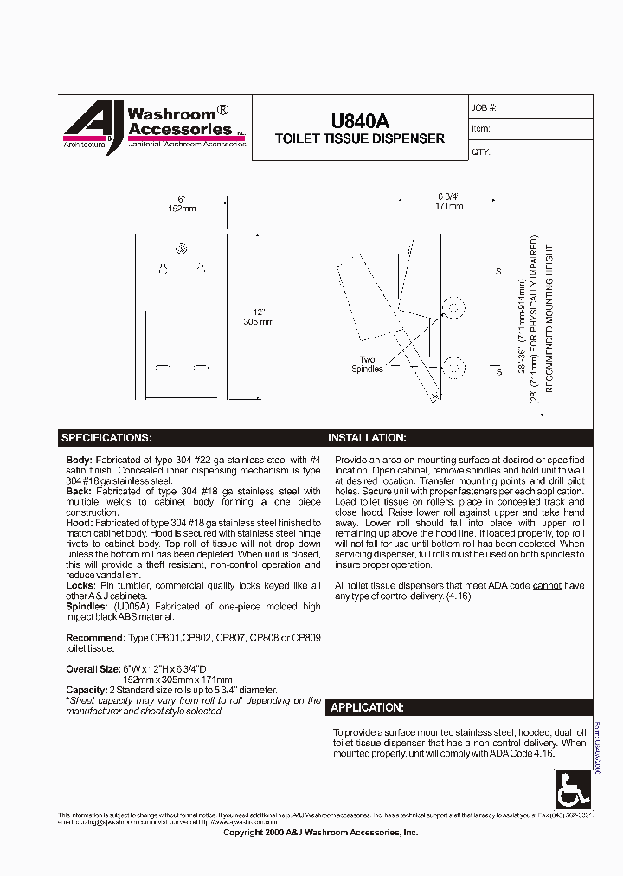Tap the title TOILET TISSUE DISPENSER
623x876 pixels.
(x=359, y=138)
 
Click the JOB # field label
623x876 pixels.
(x=484, y=108)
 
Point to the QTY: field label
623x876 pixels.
(x=481, y=151)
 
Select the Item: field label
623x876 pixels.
(x=481, y=129)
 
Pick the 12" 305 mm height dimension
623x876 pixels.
(x=259, y=316)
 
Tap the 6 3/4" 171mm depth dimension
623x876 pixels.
(x=450, y=201)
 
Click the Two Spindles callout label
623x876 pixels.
(x=367, y=364)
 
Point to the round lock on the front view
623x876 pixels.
(x=182, y=249)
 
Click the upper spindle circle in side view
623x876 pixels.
(x=451, y=307)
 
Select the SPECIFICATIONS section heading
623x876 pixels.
(x=106, y=438)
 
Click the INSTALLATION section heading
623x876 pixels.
(x=367, y=438)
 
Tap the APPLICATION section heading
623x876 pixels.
(x=367, y=707)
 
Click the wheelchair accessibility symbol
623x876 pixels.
(x=571, y=789)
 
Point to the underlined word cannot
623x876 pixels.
(x=547, y=586)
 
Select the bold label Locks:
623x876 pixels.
(x=80, y=586)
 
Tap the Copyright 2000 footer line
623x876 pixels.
(x=320, y=832)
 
